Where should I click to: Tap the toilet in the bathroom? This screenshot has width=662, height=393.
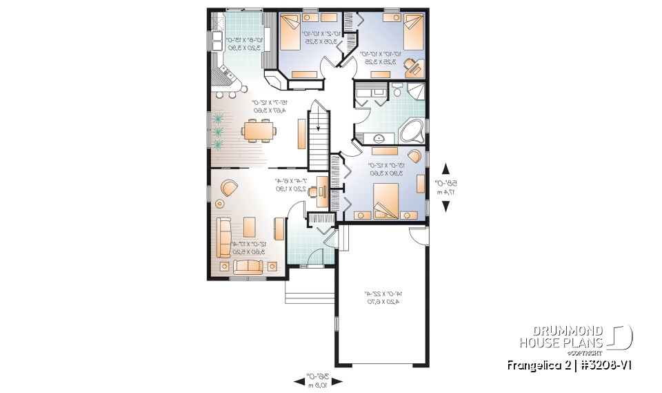click(x=398, y=90)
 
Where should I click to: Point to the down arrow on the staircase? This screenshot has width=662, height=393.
click(x=319, y=128)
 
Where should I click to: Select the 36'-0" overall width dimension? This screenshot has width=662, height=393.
click(x=318, y=379)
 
